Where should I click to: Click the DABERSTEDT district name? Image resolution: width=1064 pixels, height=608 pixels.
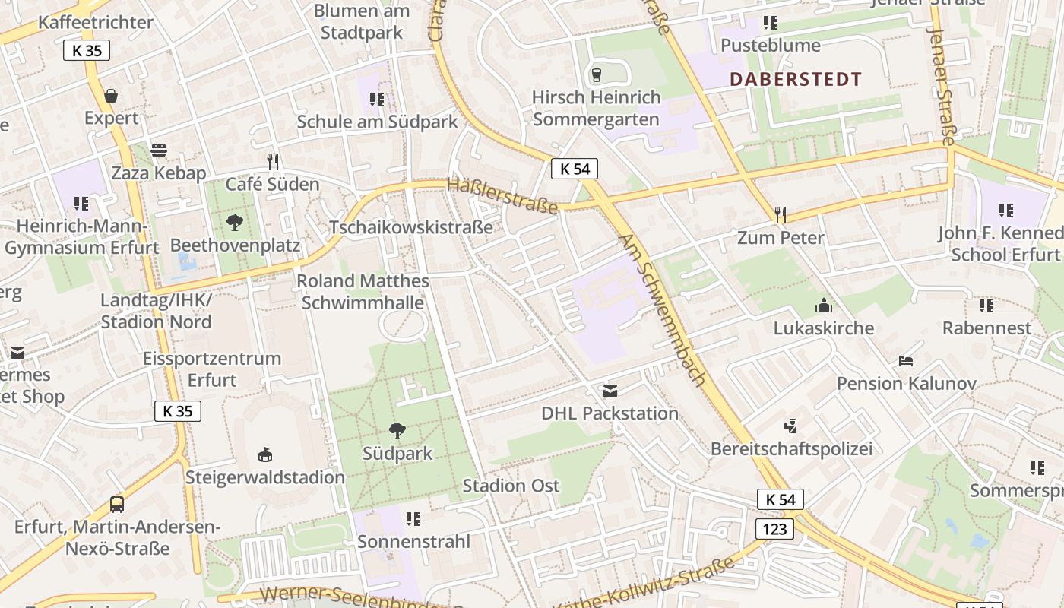click(796, 79)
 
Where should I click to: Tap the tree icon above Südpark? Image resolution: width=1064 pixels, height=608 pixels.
click(397, 431)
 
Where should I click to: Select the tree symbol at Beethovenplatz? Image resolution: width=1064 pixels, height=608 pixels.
click(235, 223)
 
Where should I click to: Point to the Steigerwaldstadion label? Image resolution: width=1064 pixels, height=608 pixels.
click(265, 477)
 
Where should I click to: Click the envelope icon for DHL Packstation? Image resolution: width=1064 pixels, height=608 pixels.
click(610, 391)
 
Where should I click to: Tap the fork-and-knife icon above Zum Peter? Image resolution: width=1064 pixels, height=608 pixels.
click(780, 215)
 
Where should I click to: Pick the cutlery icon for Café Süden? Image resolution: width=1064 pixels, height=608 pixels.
click(273, 161)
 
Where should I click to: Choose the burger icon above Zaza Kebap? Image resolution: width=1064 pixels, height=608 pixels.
click(158, 150)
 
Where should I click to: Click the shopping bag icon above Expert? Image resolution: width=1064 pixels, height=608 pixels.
click(111, 96)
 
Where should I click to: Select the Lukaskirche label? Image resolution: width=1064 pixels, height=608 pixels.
click(824, 328)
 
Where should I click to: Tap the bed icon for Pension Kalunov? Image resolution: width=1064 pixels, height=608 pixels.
click(905, 360)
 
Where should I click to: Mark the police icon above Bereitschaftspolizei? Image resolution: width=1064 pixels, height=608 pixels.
click(790, 426)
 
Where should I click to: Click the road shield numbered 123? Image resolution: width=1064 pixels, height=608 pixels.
click(774, 528)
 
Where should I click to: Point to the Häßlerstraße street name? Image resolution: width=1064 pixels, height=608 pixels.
click(502, 196)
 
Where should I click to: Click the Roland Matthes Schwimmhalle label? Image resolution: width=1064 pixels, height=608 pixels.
click(363, 292)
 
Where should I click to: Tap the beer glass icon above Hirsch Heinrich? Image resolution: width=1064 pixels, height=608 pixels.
click(596, 74)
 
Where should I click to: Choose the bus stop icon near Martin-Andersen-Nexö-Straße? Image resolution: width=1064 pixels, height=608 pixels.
click(117, 504)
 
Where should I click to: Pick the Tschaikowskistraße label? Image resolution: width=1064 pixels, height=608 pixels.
click(410, 227)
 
